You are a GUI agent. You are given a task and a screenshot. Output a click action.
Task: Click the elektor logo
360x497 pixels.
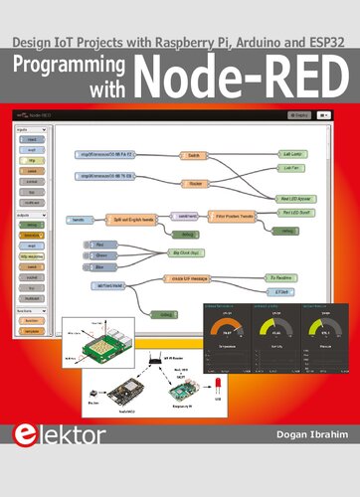coord(45,462)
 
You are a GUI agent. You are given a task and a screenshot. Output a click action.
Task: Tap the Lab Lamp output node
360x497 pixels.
coord(292,155)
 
